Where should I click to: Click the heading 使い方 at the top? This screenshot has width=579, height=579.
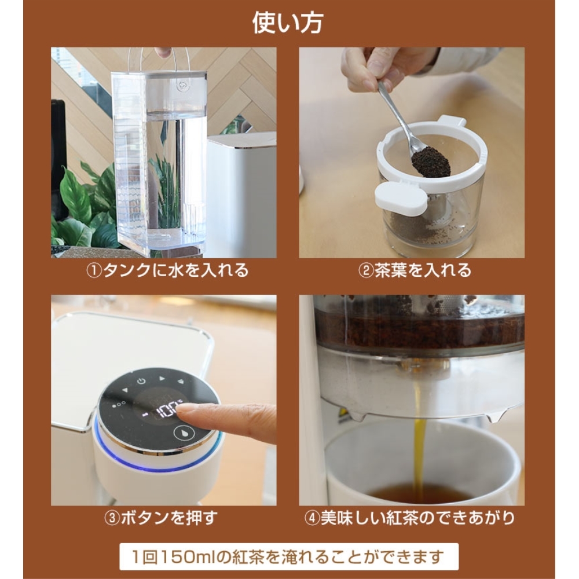pos(288,23)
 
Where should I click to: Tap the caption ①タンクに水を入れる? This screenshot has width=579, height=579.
pos(167,270)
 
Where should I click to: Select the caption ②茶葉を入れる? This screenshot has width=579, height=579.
pos(415,270)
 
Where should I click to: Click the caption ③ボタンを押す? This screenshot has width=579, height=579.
pos(161,518)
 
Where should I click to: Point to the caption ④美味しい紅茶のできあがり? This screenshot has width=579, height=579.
pos(409,518)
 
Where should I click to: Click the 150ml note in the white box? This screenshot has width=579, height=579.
pos(288,556)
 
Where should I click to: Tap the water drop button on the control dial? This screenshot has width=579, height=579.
pos(184,433)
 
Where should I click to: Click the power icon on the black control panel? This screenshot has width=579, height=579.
pos(141,382)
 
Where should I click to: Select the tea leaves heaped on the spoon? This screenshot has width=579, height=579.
pos(431,161)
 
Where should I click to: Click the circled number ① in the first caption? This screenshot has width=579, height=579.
pos(93,270)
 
